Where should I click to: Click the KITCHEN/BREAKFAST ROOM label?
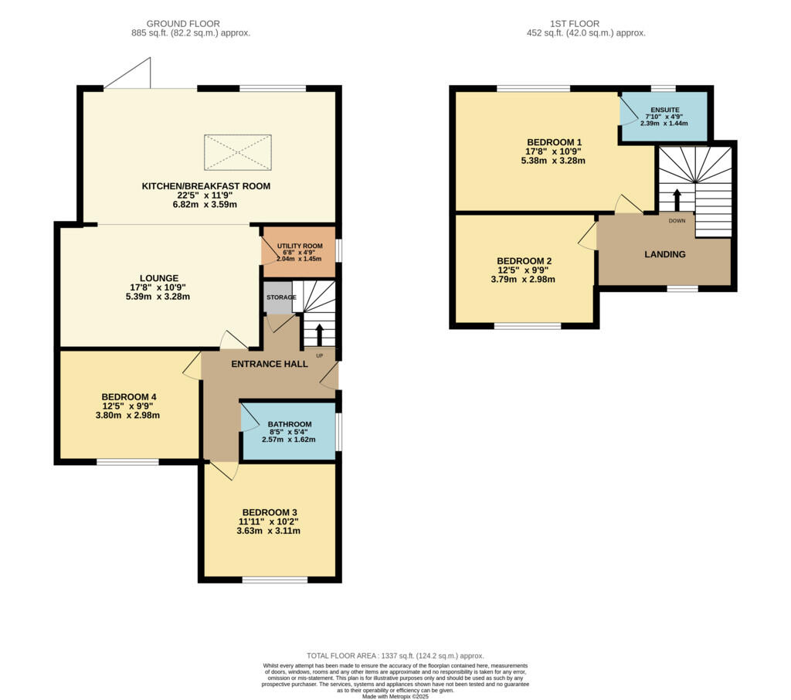[x=205, y=186]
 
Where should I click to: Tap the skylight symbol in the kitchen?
[x=238, y=152]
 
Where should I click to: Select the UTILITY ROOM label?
[x=298, y=245]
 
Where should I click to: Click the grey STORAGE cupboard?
[x=277, y=298]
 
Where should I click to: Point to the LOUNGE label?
[x=159, y=278]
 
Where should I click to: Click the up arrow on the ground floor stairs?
[x=320, y=335]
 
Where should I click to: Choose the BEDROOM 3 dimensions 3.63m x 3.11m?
[x=269, y=531]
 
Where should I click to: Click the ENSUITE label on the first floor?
[x=665, y=110]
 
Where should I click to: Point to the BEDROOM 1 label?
[x=555, y=142]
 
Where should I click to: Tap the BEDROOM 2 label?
[x=524, y=261]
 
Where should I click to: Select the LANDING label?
[x=664, y=254]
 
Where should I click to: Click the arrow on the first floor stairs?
[x=677, y=199]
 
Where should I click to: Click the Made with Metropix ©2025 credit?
[x=395, y=696]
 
